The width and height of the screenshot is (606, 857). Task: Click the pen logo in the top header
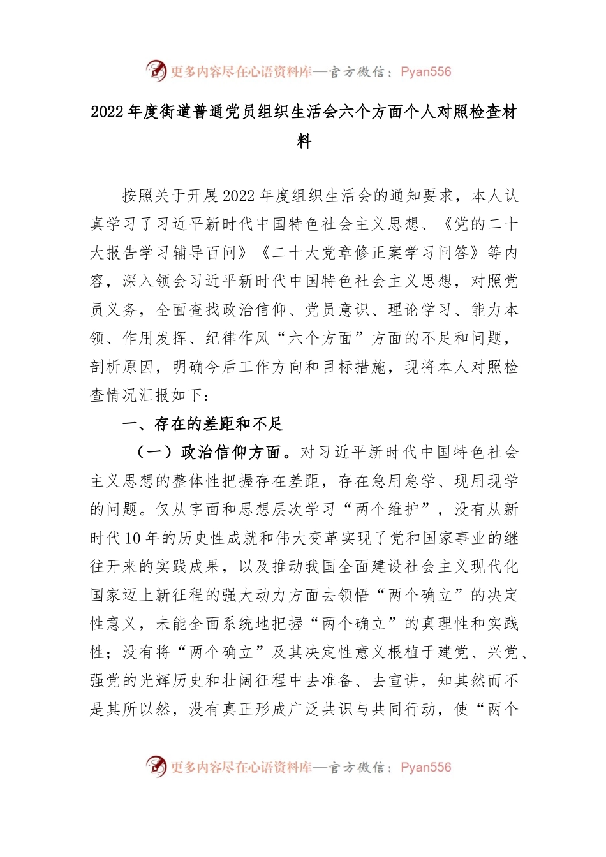click(x=156, y=70)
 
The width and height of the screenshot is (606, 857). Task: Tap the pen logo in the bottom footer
click(x=156, y=766)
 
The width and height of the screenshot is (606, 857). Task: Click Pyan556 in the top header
click(x=425, y=72)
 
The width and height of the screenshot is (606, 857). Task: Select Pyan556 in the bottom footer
click(x=425, y=768)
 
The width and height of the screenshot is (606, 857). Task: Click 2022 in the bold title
click(x=108, y=112)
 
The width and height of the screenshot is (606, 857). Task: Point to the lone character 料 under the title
click(x=304, y=141)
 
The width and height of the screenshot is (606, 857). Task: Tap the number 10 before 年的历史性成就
click(x=133, y=538)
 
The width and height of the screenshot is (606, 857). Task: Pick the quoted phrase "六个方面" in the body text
click(x=320, y=339)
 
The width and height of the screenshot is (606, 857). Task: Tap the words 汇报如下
click(x=172, y=395)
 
